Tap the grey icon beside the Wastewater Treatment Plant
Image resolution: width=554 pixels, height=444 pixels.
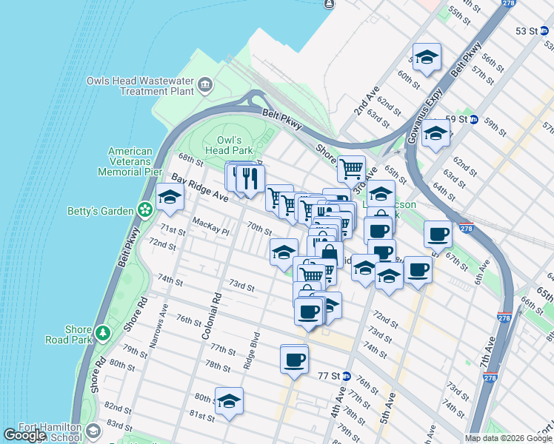click(x=205, y=87)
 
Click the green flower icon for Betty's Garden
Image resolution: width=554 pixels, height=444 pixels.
click(x=146, y=210)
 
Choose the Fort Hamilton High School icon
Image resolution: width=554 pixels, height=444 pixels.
click(x=93, y=431)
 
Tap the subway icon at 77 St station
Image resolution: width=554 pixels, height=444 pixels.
click(x=345, y=375)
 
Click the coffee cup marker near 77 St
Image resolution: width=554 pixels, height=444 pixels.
click(x=294, y=360)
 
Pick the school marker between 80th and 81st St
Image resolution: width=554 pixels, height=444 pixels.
click(x=230, y=401)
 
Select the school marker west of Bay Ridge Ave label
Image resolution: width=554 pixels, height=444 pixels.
click(x=170, y=198)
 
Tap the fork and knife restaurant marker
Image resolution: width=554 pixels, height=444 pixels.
click(x=251, y=178)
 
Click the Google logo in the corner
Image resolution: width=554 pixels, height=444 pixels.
click(x=24, y=435)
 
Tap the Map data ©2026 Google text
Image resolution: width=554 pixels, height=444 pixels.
click(x=507, y=438)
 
